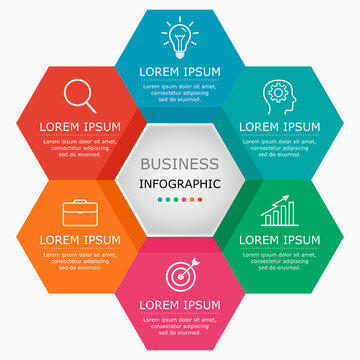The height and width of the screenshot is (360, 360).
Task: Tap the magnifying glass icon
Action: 80,95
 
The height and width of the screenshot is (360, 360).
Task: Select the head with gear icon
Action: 279,95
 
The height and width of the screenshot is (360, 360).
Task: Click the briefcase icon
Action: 80,212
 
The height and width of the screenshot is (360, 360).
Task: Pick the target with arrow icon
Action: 180,273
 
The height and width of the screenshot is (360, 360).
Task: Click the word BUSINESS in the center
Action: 180,163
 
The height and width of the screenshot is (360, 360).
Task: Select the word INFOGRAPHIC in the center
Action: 180,183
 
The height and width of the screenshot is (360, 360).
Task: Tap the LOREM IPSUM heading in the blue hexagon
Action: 180,72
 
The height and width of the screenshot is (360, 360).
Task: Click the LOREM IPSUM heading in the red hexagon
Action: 80,127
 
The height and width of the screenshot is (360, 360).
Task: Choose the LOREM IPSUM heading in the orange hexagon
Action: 80,241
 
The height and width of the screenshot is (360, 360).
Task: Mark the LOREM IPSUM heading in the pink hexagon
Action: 180,303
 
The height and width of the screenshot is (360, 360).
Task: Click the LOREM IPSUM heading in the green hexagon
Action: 279,241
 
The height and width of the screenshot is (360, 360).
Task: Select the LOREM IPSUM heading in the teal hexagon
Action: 279,127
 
